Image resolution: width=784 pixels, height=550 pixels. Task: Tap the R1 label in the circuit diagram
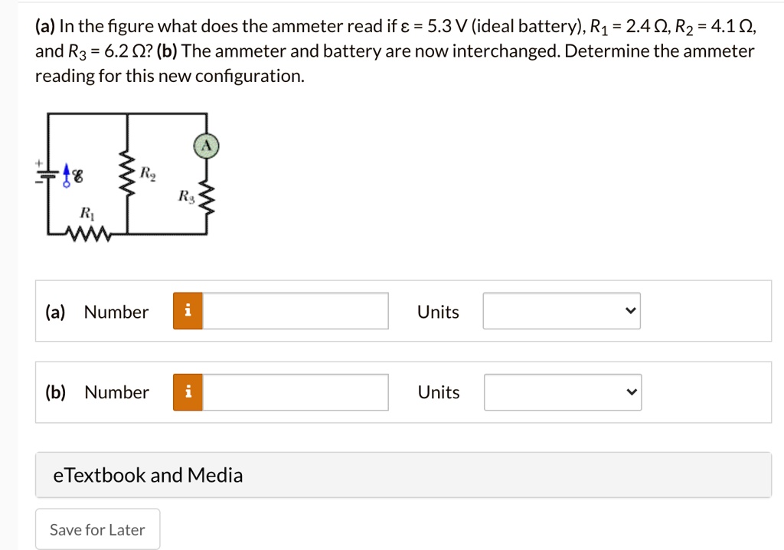pyautogui.click(x=86, y=212)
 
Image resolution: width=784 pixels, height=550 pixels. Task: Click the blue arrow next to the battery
pyautogui.click(x=67, y=174)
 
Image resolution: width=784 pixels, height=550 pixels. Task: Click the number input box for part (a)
pyautogui.click(x=296, y=311)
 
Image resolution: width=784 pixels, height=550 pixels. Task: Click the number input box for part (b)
pyautogui.click(x=296, y=391)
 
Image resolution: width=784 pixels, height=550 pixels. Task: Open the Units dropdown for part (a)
pyautogui.click(x=561, y=311)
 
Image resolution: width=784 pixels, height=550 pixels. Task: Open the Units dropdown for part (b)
pyautogui.click(x=562, y=391)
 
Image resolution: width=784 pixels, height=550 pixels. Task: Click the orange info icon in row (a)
pyautogui.click(x=188, y=311)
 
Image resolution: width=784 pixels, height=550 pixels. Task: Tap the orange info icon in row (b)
pyautogui.click(x=188, y=391)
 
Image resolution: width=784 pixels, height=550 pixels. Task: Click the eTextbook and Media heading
pyautogui.click(x=148, y=475)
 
